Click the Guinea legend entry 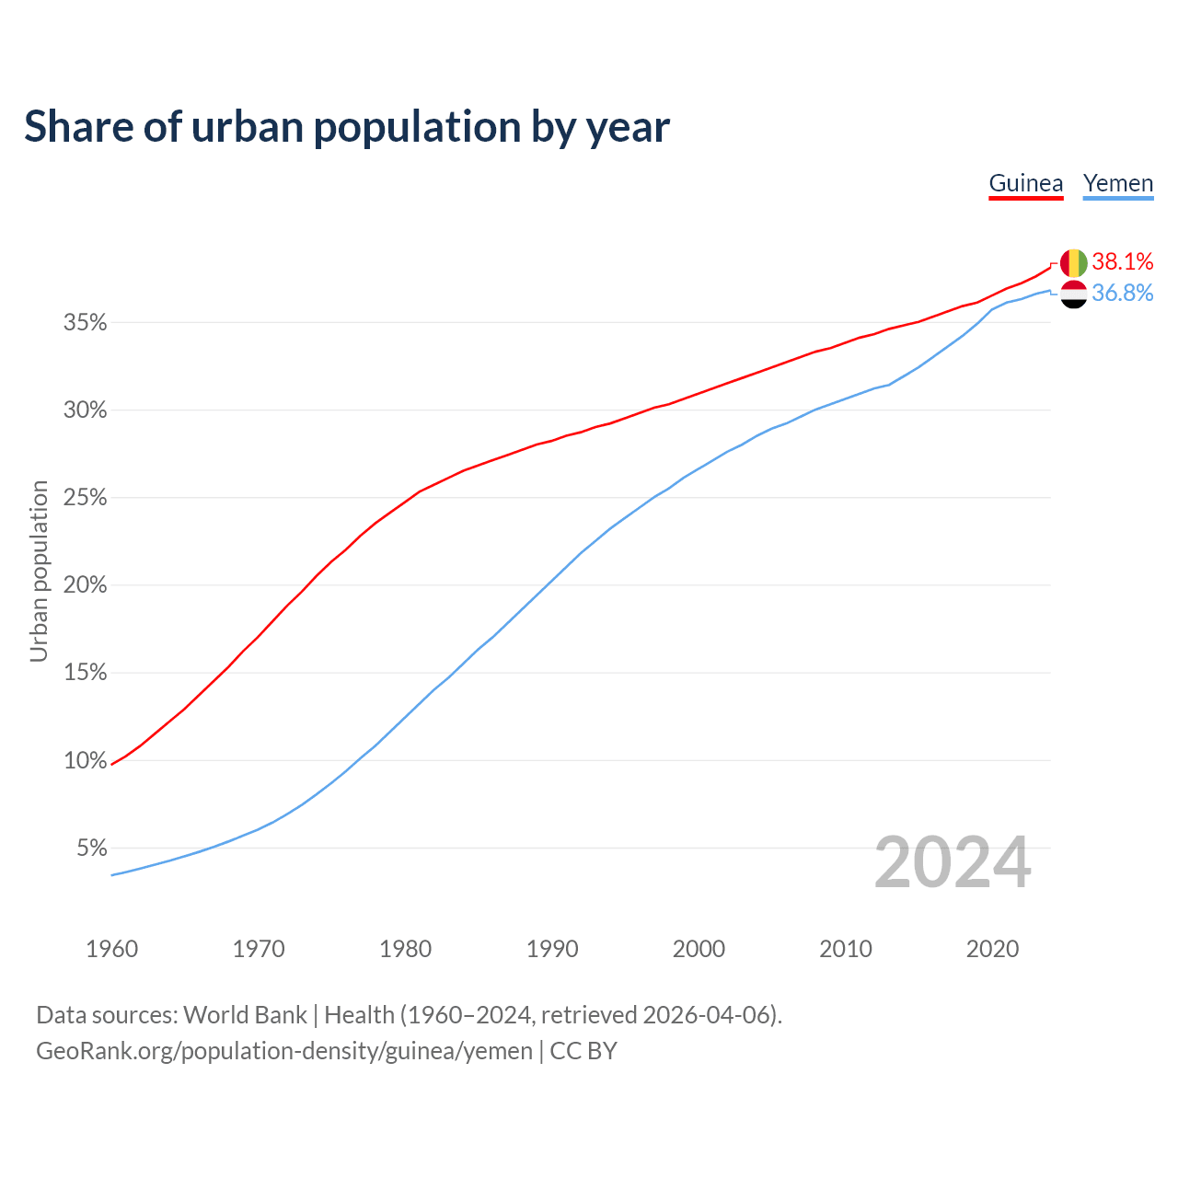(1025, 183)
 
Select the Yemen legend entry (1117, 183)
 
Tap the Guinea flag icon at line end (1074, 263)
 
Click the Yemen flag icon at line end (1074, 294)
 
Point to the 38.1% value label (1123, 261)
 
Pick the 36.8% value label (1123, 293)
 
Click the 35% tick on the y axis (86, 323)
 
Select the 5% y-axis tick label (92, 848)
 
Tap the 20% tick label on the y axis (86, 585)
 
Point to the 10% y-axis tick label (86, 760)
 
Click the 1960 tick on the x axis (111, 949)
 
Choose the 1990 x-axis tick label (552, 949)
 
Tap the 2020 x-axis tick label (992, 949)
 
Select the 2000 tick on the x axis (699, 949)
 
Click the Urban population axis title (39, 571)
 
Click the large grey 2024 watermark (953, 862)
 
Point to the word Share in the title (77, 126)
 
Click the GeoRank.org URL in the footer (284, 1050)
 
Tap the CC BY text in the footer (583, 1050)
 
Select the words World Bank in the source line (245, 1014)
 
